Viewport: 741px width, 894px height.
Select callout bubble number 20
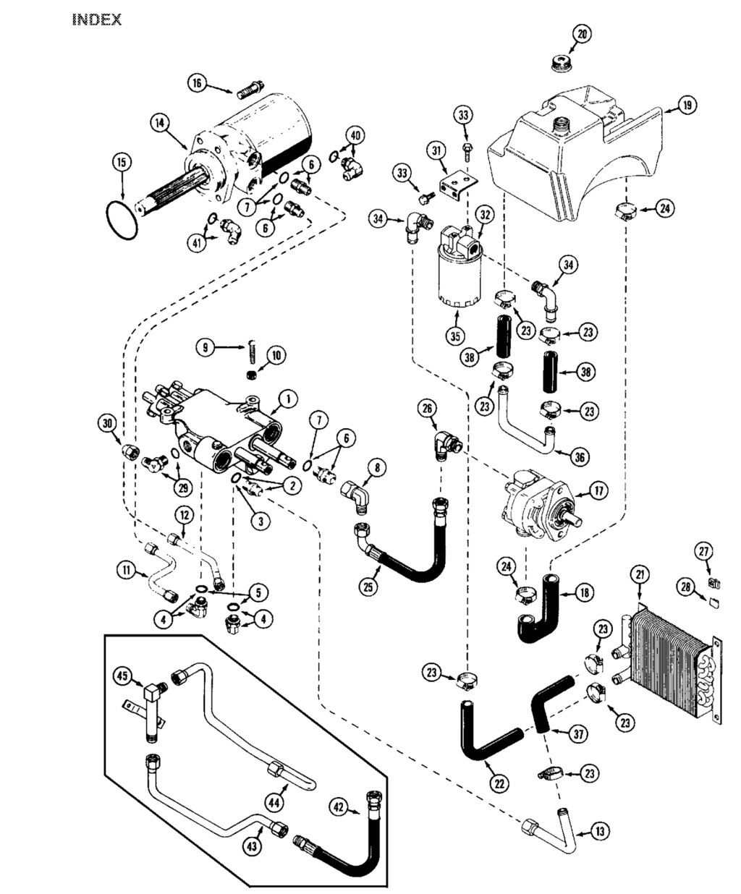582,34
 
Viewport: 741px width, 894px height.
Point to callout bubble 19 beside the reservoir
687,104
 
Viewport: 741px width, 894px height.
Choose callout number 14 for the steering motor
160,123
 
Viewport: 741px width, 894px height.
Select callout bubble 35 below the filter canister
455,336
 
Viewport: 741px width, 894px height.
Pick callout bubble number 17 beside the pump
598,490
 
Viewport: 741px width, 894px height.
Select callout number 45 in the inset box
122,676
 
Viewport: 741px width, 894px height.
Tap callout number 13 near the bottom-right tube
600,832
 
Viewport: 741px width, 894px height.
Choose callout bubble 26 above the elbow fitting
428,408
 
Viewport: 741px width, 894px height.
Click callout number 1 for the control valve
288,399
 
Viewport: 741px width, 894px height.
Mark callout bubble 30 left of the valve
106,423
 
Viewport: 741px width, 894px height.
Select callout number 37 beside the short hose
579,734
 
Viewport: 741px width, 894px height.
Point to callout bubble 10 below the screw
276,355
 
